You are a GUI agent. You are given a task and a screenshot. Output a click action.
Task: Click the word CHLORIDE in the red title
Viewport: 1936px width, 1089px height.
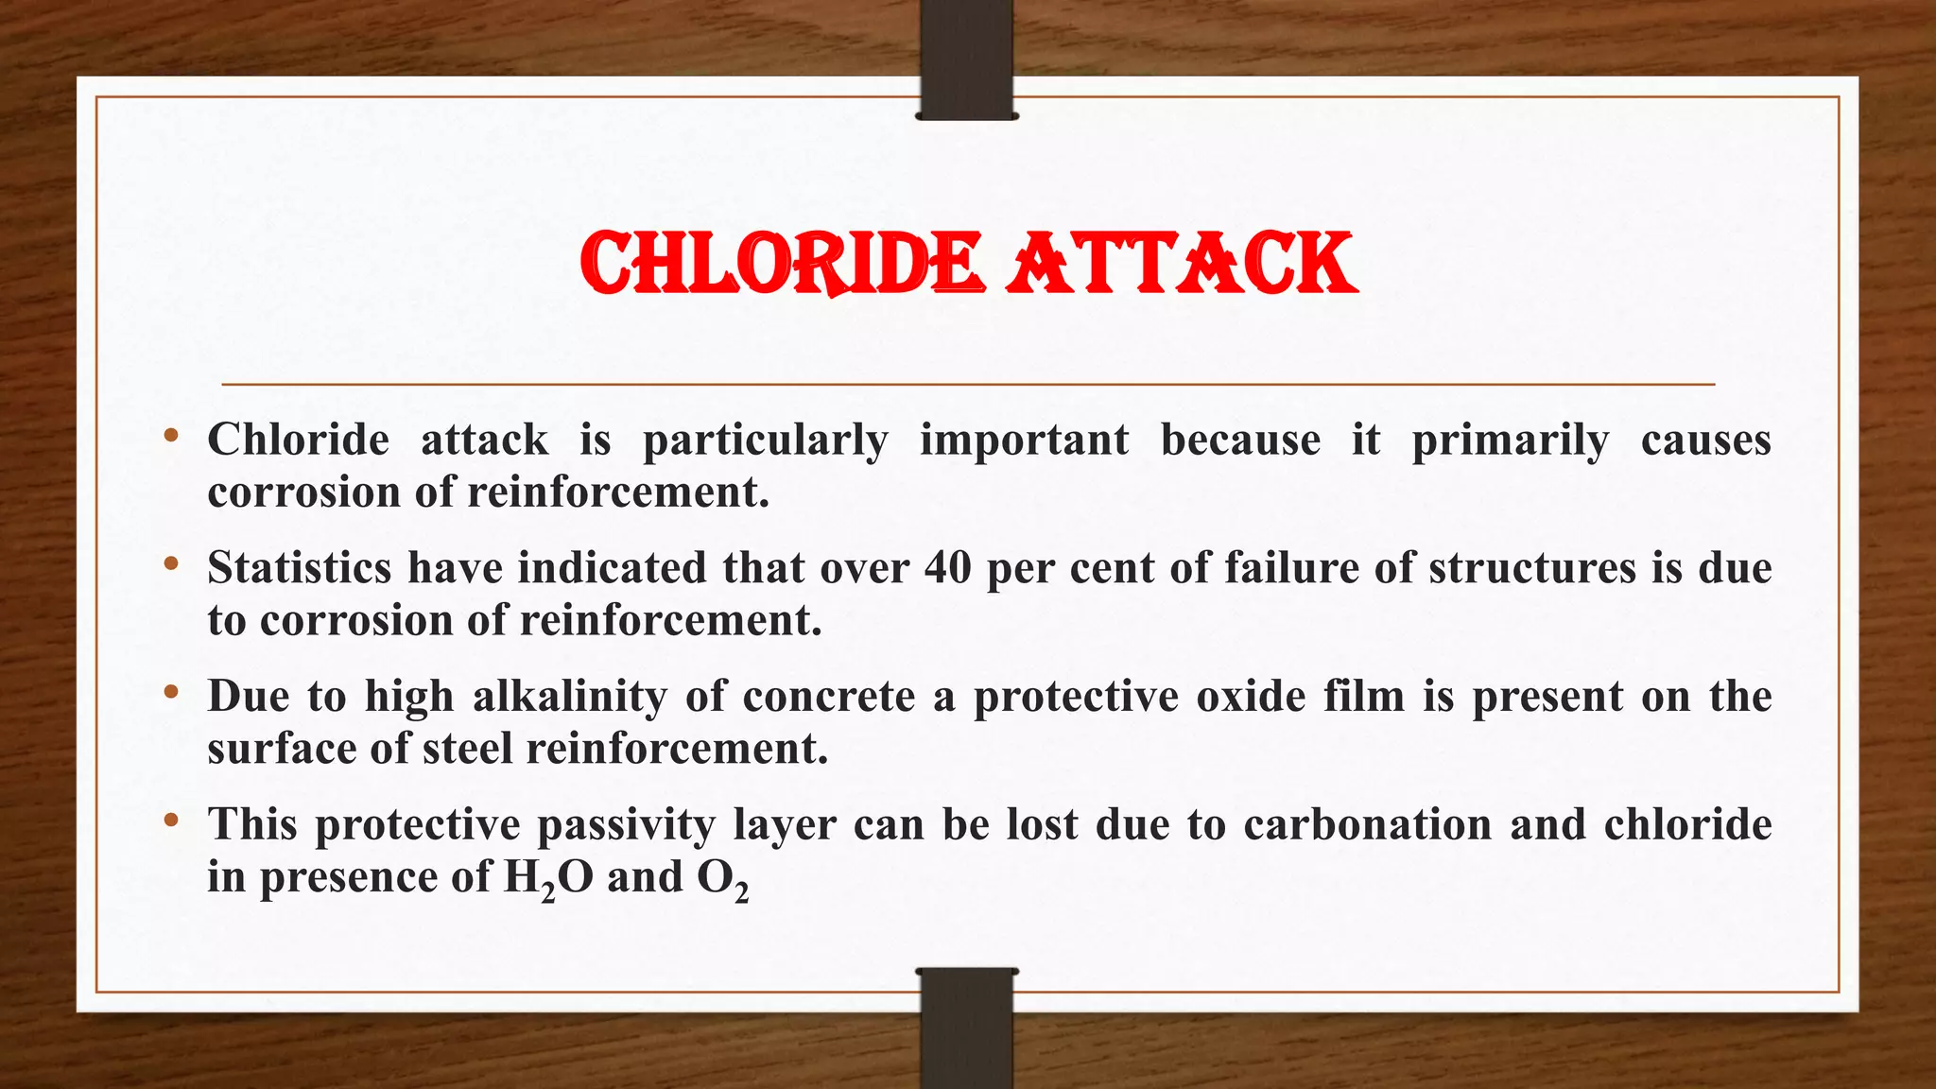(x=781, y=264)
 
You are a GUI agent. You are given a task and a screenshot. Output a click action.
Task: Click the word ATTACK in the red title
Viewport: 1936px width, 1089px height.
(x=1182, y=264)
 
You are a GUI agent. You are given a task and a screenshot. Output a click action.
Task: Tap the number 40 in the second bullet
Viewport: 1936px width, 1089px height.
(x=947, y=568)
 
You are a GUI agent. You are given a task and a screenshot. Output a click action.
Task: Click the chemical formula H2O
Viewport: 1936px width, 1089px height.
(x=548, y=877)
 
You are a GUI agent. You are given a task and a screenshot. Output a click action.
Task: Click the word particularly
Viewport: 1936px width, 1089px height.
(x=765, y=441)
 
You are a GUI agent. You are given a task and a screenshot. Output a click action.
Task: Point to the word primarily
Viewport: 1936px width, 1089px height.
(x=1510, y=441)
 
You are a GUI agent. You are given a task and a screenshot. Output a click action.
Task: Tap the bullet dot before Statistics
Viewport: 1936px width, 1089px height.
(x=170, y=564)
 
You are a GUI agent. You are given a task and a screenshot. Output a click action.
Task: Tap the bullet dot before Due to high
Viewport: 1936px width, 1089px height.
(x=170, y=693)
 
